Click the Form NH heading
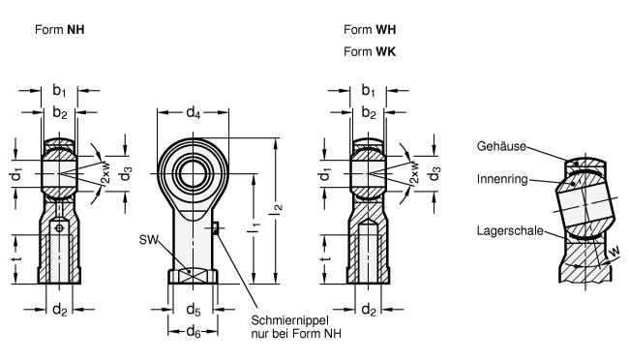60,30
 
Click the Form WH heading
370,30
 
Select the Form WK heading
370,51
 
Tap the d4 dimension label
193,113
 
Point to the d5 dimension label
194,310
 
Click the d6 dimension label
194,332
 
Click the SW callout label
148,240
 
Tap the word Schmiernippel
289,320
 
